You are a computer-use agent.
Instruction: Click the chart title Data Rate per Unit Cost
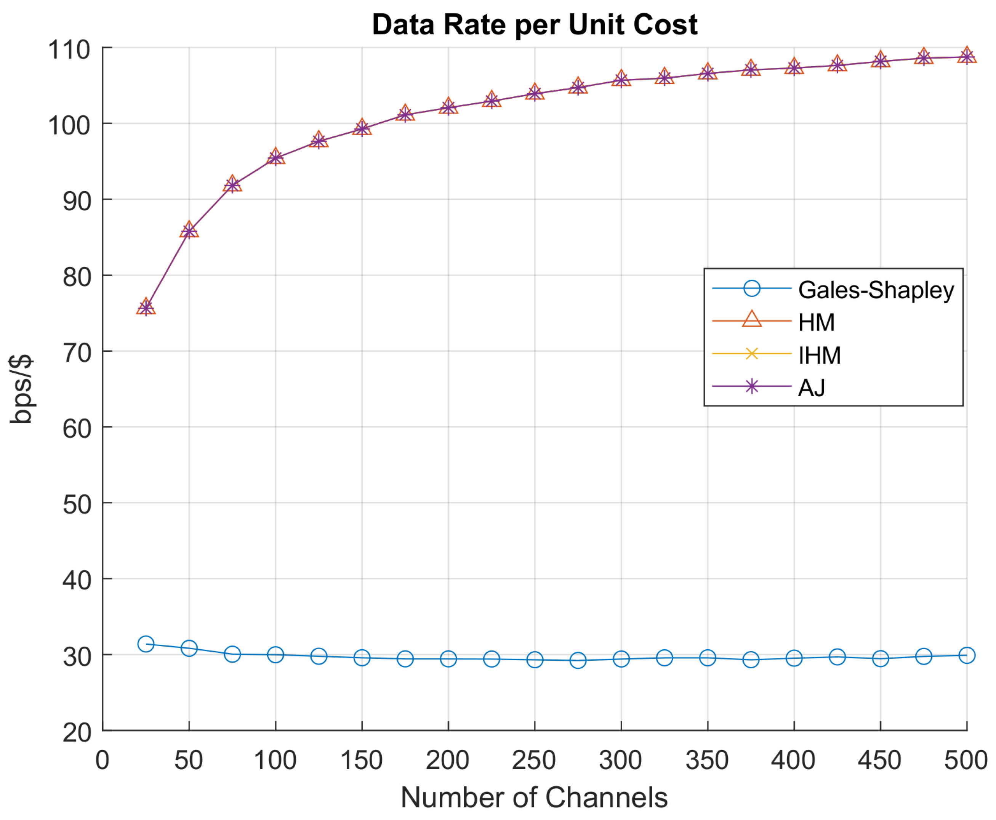pyautogui.click(x=534, y=24)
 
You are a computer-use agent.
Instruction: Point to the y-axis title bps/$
pyautogui.click(x=21, y=388)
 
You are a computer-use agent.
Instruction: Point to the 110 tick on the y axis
pyautogui.click(x=69, y=50)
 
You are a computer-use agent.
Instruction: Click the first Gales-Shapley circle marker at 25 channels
pyautogui.click(x=146, y=644)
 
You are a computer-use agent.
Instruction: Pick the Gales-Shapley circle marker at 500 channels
pyautogui.click(x=966, y=655)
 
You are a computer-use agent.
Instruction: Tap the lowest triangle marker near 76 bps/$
pyautogui.click(x=146, y=307)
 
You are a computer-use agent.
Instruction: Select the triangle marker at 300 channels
pyautogui.click(x=621, y=79)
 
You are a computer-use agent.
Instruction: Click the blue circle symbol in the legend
pyautogui.click(x=751, y=288)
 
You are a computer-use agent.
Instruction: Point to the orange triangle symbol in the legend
pyautogui.click(x=751, y=320)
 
